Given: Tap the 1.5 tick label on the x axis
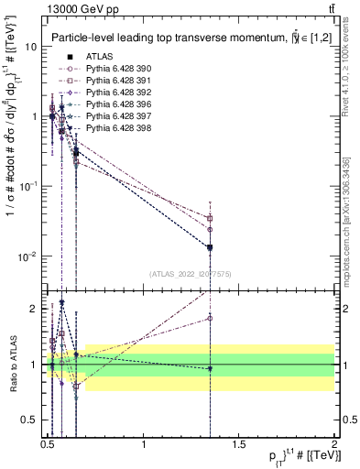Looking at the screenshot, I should click(239, 445).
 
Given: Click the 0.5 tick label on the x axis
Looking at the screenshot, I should click(48, 445).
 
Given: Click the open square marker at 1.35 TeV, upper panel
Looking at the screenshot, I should click(211, 218).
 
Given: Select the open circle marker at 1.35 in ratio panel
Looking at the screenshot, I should click(211, 318).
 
